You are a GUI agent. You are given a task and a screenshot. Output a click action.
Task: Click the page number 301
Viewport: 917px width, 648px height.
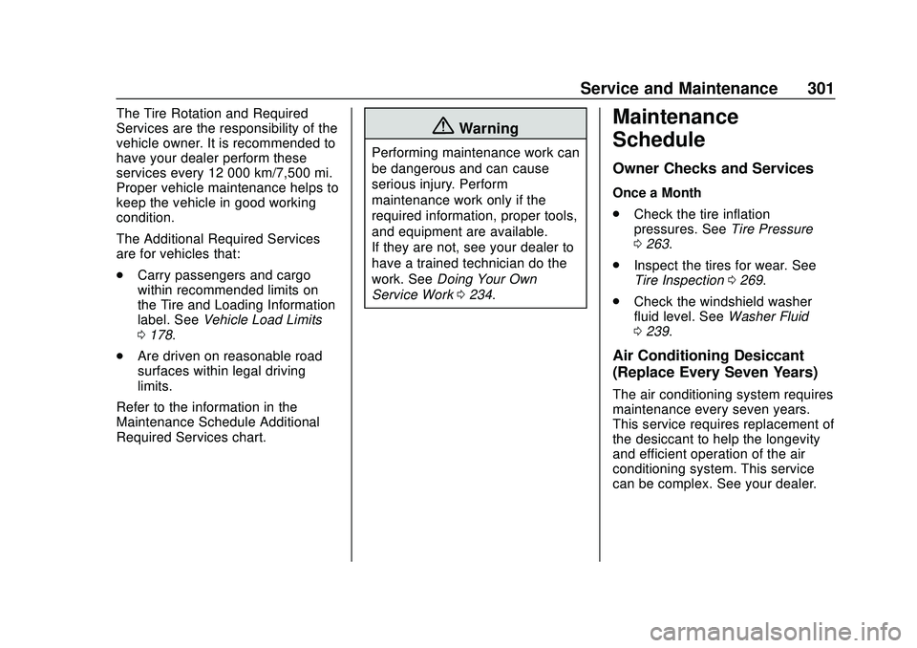(820, 89)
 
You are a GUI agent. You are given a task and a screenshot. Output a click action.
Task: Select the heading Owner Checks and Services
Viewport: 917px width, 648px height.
(713, 169)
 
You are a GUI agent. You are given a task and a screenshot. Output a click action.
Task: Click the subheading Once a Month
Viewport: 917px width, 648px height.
(656, 193)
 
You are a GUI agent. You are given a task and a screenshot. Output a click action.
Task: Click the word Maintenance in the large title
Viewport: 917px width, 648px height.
(675, 118)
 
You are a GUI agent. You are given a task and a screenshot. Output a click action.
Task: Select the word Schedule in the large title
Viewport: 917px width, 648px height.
(659, 140)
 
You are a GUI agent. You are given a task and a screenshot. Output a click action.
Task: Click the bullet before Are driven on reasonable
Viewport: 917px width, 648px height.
(122, 356)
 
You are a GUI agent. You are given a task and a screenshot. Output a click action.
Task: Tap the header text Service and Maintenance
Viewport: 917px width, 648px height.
(678, 89)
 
